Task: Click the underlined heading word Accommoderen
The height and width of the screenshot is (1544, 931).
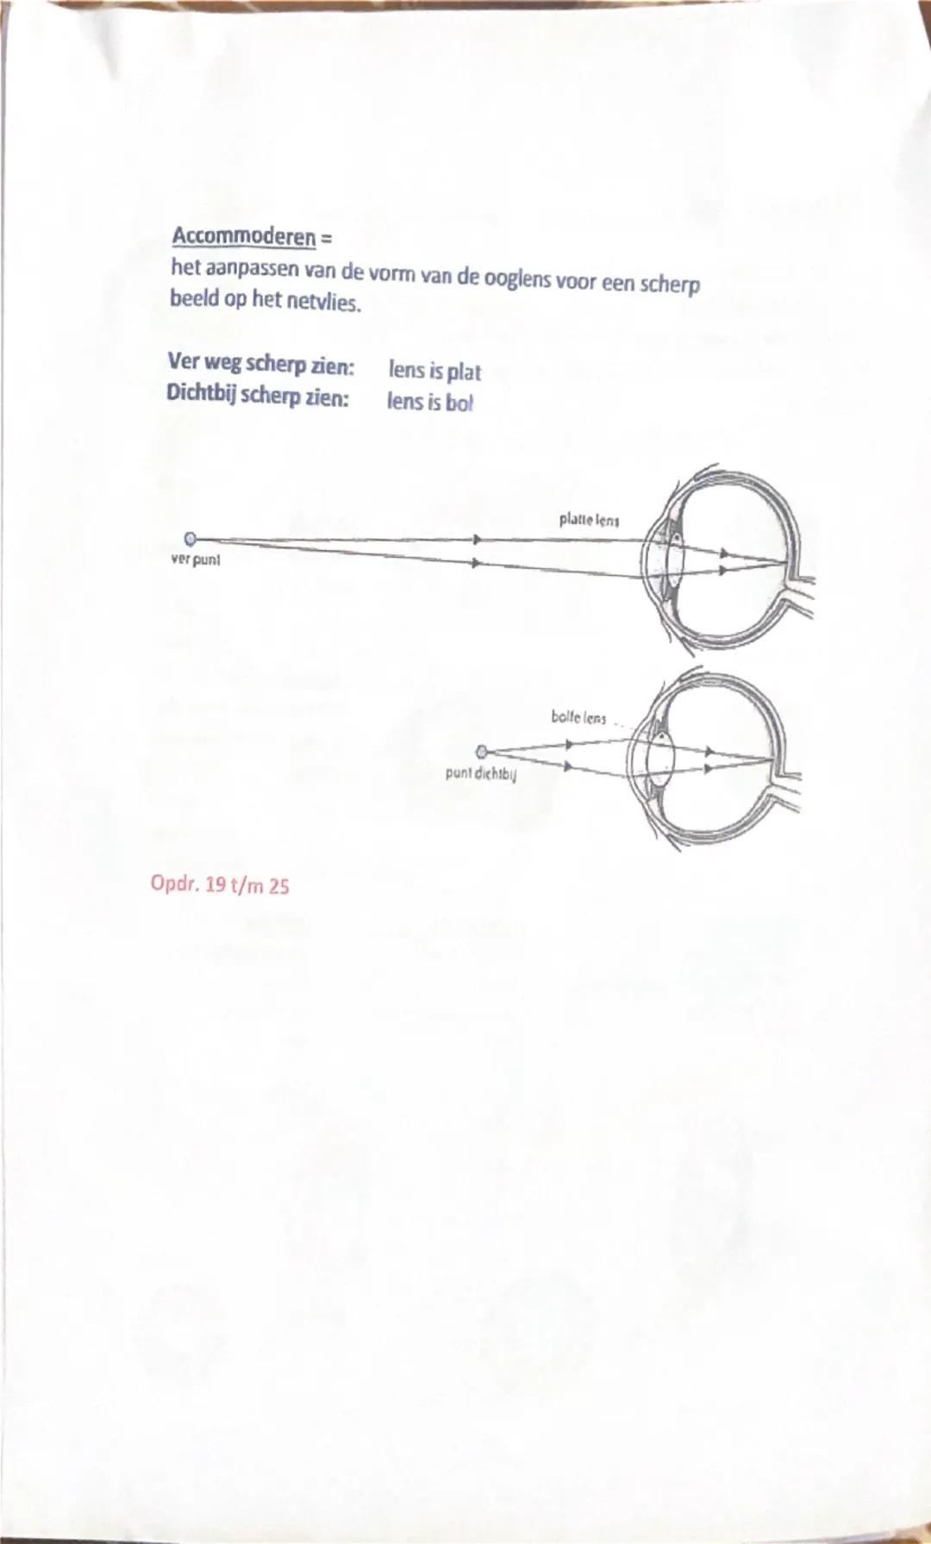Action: (243, 235)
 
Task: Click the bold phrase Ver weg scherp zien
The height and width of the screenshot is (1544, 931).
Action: (260, 364)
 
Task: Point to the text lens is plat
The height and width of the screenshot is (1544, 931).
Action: (434, 371)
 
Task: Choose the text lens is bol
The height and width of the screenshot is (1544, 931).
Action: (429, 402)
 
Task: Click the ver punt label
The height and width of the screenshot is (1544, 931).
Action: (195, 559)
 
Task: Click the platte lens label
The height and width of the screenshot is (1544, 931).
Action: (589, 520)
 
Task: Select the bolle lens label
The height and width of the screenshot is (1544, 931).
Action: (578, 717)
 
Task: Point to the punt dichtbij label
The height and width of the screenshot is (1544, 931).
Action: (480, 772)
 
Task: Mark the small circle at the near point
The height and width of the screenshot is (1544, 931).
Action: (482, 750)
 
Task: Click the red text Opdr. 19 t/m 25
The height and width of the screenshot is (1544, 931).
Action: (220, 885)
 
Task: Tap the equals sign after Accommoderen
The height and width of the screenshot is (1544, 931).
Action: (326, 235)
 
